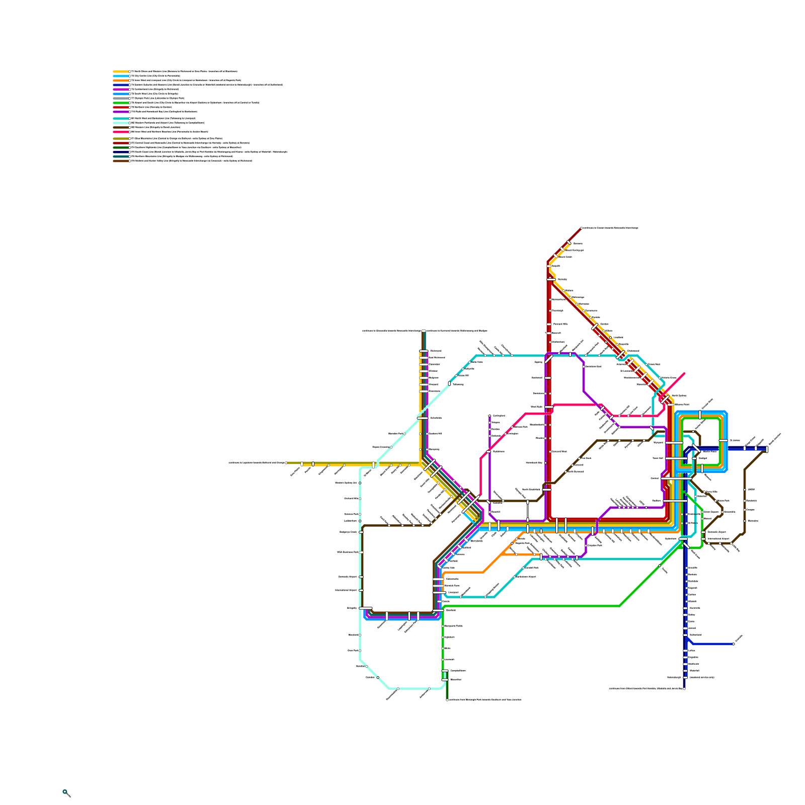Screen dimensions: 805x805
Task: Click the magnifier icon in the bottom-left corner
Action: pyautogui.click(x=66, y=793)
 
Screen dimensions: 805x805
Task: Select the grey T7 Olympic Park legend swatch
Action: pyautogui.click(x=121, y=98)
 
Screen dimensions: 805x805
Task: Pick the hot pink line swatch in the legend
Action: pyautogui.click(x=121, y=132)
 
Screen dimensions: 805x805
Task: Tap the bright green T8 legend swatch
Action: pyautogui.click(x=121, y=103)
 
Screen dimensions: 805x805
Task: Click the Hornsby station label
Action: pyautogui.click(x=562, y=279)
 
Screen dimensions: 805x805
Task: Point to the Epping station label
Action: pyautogui.click(x=538, y=362)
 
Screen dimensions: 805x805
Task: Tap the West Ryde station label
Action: pyautogui.click(x=536, y=407)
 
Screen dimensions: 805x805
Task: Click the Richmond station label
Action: pyautogui.click(x=435, y=351)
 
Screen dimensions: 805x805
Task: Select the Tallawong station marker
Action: pyautogui.click(x=449, y=383)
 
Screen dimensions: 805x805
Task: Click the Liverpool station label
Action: pyautogui.click(x=453, y=592)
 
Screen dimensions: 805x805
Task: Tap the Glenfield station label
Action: pyautogui.click(x=450, y=610)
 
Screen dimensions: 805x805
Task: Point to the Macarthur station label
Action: pyautogui.click(x=456, y=680)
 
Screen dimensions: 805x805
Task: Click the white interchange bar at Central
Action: pyautogui.click(x=676, y=479)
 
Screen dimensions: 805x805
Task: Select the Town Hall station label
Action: pyautogui.click(x=658, y=458)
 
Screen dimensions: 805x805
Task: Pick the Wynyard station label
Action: pyautogui.click(x=658, y=443)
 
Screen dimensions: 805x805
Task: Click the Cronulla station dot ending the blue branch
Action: pyautogui.click(x=734, y=644)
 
